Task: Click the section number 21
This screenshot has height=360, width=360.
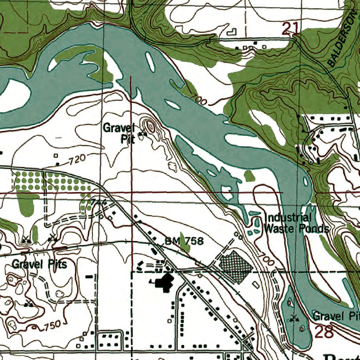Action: click(x=290, y=28)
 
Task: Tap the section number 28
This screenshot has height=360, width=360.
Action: click(x=324, y=332)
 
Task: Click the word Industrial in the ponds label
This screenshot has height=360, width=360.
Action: click(x=288, y=218)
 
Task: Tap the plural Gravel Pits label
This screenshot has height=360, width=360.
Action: click(x=39, y=264)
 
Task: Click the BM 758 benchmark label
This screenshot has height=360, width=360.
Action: click(x=184, y=241)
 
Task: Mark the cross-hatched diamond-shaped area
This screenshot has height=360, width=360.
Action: click(x=236, y=268)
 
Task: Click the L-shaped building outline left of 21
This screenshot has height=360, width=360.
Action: click(x=232, y=32)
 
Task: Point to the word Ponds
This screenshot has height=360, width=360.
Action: click(x=314, y=229)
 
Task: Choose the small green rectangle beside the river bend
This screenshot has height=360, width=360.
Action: click(x=249, y=175)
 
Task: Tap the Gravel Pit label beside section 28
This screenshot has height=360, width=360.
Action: click(x=336, y=316)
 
